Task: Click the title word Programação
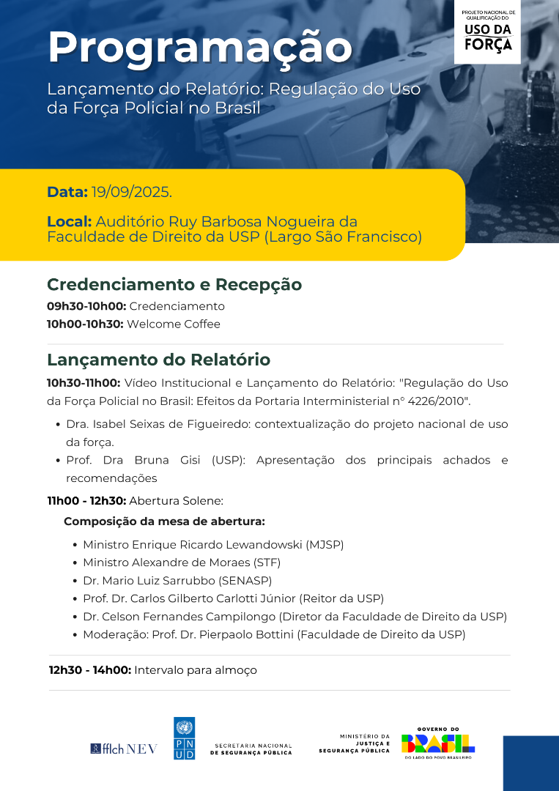pos(200,48)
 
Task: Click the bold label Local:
pos(69,221)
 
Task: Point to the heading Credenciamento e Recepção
pos(174,284)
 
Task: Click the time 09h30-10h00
pos(86,306)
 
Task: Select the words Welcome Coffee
pos(174,324)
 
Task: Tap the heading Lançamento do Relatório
pos(158,360)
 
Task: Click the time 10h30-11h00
pos(84,382)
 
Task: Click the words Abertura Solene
pos(176,501)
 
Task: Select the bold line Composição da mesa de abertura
pos(164,521)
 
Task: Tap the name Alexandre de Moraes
pos(193,562)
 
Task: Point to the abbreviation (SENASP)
pos(245,581)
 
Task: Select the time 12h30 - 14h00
pos(90,670)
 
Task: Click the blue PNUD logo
pos(184,738)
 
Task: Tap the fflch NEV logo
pos(124,749)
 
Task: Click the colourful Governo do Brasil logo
pos(438,743)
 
